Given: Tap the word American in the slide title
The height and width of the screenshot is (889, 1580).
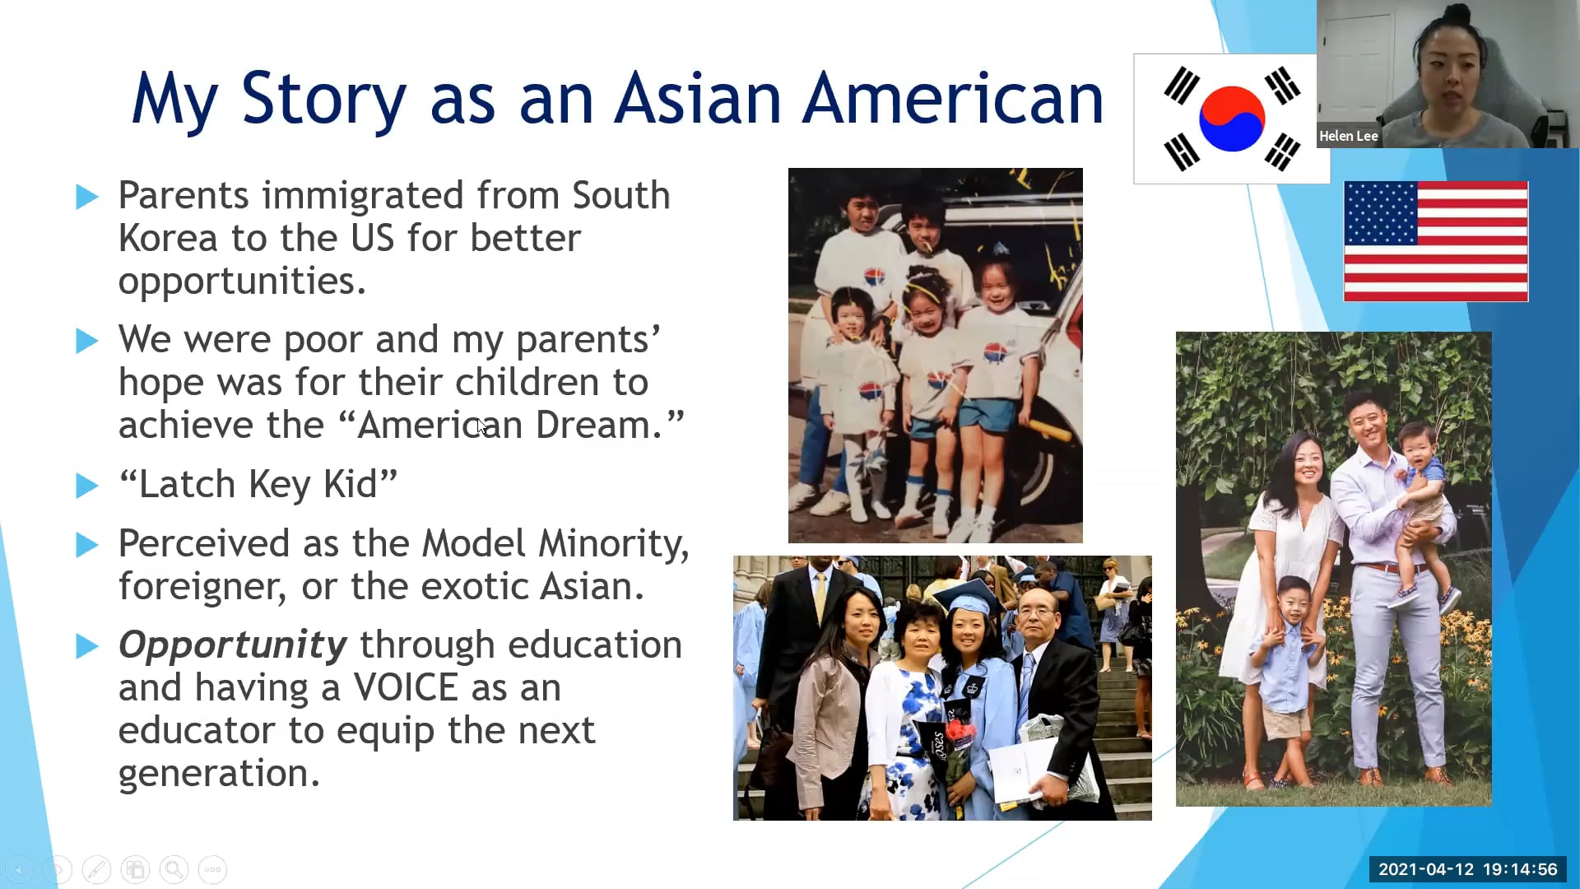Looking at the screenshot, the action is coord(953,99).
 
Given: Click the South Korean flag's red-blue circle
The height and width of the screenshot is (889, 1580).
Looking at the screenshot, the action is coord(1231,119).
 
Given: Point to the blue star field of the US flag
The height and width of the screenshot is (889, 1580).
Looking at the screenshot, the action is coord(1381,214).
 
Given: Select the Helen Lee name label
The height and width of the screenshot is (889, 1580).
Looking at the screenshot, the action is coord(1348,136).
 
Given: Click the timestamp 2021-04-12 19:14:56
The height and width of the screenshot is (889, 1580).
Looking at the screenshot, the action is coord(1467,869).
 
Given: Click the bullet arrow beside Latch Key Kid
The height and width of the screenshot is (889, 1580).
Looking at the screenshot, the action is coord(87,485).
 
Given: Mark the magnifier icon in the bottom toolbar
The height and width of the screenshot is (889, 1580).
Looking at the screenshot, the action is coord(174,869).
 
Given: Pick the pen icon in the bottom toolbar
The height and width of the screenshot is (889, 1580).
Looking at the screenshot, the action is coord(96,869).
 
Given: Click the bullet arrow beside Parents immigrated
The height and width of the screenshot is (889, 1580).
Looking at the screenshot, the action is coord(87,197).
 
